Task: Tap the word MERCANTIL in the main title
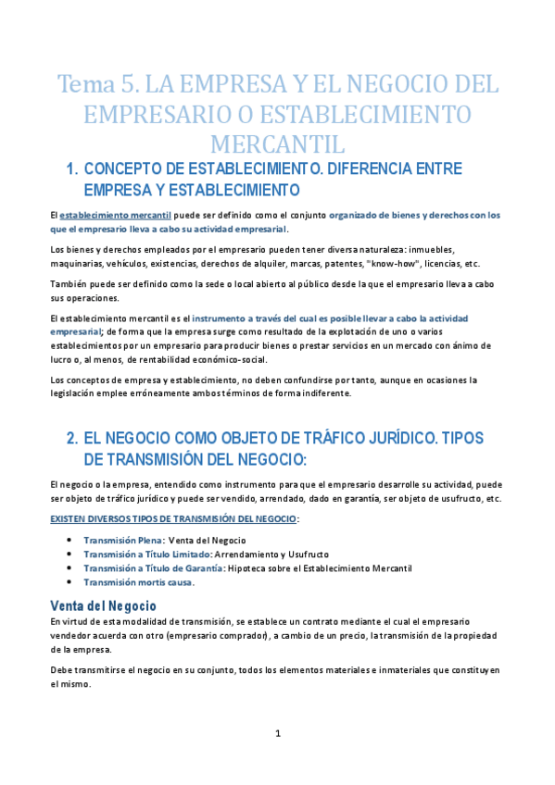[277, 144]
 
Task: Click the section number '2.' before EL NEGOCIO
[72, 439]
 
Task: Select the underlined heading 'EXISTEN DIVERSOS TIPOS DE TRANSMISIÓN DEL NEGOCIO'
[173, 519]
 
